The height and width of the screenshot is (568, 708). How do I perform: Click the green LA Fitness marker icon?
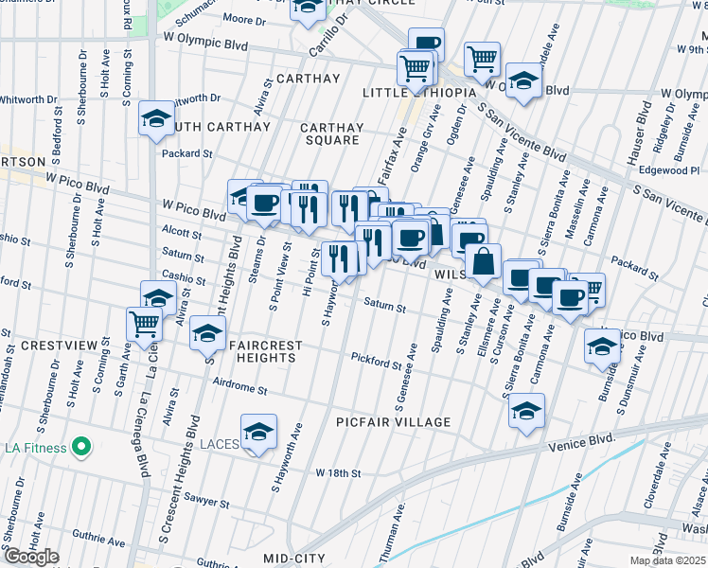[x=81, y=447]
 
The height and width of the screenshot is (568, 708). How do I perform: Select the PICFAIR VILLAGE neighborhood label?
[x=393, y=421]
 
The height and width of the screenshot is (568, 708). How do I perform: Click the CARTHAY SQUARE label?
[x=330, y=133]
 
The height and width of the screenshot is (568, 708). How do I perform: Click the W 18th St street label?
[x=339, y=471]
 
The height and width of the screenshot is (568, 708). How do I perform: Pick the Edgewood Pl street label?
[x=667, y=170]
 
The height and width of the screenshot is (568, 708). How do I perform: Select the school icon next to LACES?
[x=258, y=432]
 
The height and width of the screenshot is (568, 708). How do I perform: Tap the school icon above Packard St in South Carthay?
[x=157, y=118]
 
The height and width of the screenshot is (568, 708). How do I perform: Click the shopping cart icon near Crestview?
[x=144, y=323]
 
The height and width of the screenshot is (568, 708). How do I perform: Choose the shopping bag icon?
[x=483, y=260]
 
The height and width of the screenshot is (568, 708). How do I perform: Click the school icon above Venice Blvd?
[x=527, y=411]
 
